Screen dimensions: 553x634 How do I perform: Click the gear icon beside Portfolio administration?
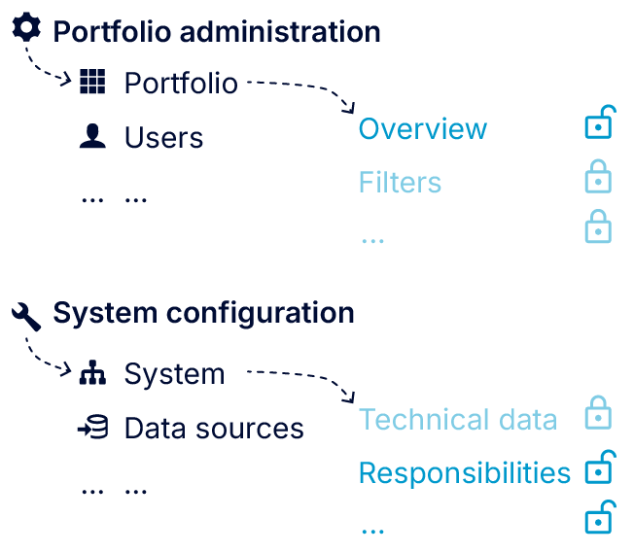pyautogui.click(x=26, y=28)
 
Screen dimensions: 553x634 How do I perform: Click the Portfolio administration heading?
pyautogui.click(x=216, y=31)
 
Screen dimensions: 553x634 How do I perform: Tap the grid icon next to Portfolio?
pyautogui.click(x=92, y=83)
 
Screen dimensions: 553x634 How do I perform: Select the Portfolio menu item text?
pyautogui.click(x=181, y=84)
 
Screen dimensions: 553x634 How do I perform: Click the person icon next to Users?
pyautogui.click(x=92, y=137)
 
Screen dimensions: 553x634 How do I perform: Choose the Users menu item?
pyautogui.click(x=163, y=138)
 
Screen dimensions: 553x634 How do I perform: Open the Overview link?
pyautogui.click(x=423, y=129)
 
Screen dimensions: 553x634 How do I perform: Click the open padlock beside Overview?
pyautogui.click(x=599, y=124)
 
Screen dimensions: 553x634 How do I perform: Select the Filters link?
pyautogui.click(x=400, y=183)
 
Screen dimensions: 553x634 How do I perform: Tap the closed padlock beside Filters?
pyautogui.click(x=598, y=177)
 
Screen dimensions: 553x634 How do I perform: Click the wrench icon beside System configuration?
pyautogui.click(x=26, y=314)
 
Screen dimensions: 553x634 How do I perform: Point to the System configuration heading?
pyautogui.click(x=203, y=313)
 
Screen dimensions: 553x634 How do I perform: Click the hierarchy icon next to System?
pyautogui.click(x=92, y=374)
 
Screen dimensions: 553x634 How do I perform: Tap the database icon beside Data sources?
pyautogui.click(x=92, y=428)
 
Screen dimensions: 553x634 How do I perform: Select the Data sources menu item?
pyautogui.click(x=214, y=429)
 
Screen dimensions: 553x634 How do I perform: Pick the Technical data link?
pyautogui.click(x=458, y=420)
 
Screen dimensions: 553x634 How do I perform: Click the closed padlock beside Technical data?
pyautogui.click(x=598, y=414)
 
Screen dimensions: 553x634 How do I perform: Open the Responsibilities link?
pyautogui.click(x=464, y=473)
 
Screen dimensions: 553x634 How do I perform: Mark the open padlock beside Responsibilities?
pyautogui.click(x=599, y=467)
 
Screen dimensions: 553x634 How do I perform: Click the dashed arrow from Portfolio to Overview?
pyautogui.click(x=301, y=88)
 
